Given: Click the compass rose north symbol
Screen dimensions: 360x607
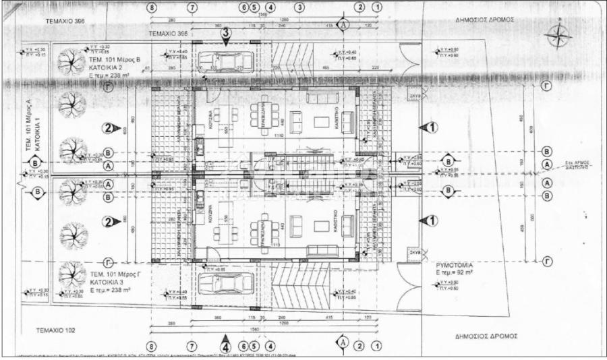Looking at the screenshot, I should click(559, 35).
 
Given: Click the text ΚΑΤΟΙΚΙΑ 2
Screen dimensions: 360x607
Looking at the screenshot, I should click(111, 68).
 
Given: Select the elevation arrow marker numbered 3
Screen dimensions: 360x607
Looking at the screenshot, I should click(226, 34).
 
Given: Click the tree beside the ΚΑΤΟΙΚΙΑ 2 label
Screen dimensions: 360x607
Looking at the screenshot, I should click(70, 63).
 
